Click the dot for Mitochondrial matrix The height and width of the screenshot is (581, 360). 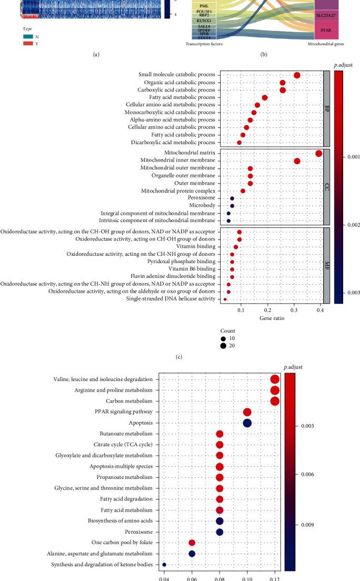click(318, 153)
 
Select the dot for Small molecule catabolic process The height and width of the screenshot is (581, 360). click(297, 76)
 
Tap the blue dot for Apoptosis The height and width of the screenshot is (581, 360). click(247, 423)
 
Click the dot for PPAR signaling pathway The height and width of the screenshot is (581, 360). click(247, 412)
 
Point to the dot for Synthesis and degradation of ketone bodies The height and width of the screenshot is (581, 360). click(164, 565)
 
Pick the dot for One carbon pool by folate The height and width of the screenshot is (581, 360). click(192, 543)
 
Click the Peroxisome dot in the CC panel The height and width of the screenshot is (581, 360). click(232, 198)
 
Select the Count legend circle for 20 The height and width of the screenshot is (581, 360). click(224, 346)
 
